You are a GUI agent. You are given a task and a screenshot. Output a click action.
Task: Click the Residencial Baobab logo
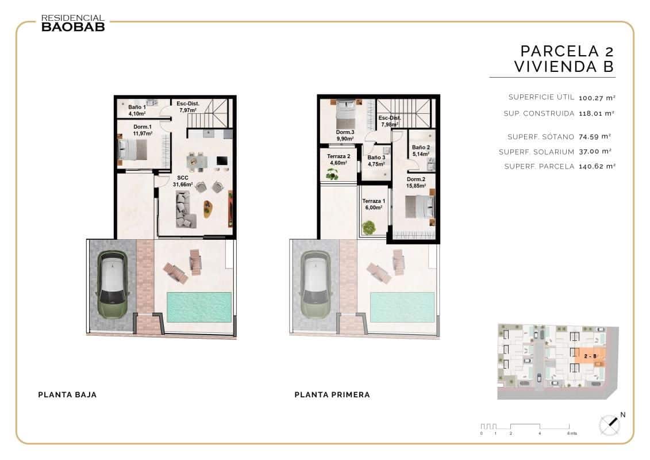(72, 23)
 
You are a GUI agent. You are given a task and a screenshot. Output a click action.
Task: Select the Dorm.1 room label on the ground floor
(143, 130)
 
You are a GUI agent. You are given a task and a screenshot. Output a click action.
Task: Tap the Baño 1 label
(137, 110)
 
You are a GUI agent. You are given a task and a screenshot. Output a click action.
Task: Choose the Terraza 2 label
(339, 159)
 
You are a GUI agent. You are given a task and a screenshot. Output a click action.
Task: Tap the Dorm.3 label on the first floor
(345, 135)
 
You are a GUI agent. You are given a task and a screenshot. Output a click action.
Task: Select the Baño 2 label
(421, 150)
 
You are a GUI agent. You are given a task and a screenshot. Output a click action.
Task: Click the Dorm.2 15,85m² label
(416, 182)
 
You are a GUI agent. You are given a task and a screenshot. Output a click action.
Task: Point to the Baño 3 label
(376, 160)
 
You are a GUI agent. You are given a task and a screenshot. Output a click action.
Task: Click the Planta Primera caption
(332, 395)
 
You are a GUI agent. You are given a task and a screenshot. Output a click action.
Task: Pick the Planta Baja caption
(67, 395)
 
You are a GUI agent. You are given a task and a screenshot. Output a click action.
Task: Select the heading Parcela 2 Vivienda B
(566, 59)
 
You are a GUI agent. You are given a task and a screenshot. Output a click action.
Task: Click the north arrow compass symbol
(609, 424)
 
